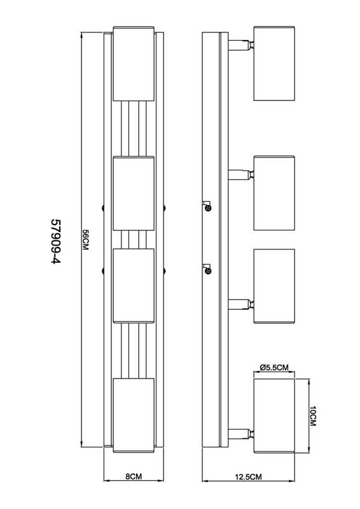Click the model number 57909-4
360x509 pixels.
(x=56, y=241)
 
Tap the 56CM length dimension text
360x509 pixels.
(x=85, y=240)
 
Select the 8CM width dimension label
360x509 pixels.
(x=134, y=477)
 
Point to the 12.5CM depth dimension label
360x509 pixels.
(x=248, y=477)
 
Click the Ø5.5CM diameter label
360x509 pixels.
(x=274, y=368)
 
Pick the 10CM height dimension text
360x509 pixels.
(x=313, y=416)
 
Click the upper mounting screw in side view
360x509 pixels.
(x=207, y=206)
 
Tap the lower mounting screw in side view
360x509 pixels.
(x=207, y=269)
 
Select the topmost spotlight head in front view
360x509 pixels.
(x=134, y=64)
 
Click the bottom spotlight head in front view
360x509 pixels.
(x=134, y=415)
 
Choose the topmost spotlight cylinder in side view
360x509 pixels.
(x=274, y=63)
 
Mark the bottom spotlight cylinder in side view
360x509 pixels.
(x=274, y=415)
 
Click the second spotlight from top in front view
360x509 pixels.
(x=134, y=193)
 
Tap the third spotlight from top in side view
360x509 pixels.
(x=274, y=286)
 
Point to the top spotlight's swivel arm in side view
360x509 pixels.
(x=241, y=45)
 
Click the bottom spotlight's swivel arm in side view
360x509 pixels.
(x=241, y=435)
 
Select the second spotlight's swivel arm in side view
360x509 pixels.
(x=241, y=175)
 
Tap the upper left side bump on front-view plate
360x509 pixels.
(x=102, y=207)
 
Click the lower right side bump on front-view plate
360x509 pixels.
(x=164, y=270)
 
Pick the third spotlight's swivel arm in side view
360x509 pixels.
(x=241, y=305)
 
